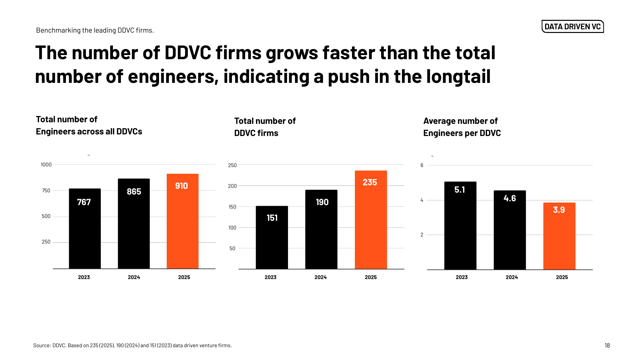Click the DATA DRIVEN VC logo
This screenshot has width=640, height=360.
point(572,27)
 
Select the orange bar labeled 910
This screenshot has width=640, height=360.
point(182,221)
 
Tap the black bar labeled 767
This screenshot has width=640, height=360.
point(85,229)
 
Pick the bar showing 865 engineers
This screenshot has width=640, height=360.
point(134,224)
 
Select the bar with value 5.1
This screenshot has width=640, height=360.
point(460,226)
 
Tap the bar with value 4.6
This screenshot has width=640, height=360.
point(510,230)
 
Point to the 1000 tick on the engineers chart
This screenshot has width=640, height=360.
point(46,165)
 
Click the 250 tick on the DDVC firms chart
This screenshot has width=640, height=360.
point(232,165)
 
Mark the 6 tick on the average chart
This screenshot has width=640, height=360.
point(422,165)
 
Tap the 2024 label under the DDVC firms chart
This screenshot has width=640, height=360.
point(320,277)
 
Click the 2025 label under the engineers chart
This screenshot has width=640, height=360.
point(184,277)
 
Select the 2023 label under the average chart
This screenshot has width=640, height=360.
point(461,277)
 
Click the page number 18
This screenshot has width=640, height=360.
point(607,346)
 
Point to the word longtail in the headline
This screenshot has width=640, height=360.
point(458,77)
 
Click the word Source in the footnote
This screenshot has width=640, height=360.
point(42,346)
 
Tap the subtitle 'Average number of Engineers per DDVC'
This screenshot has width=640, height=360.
point(462,127)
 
